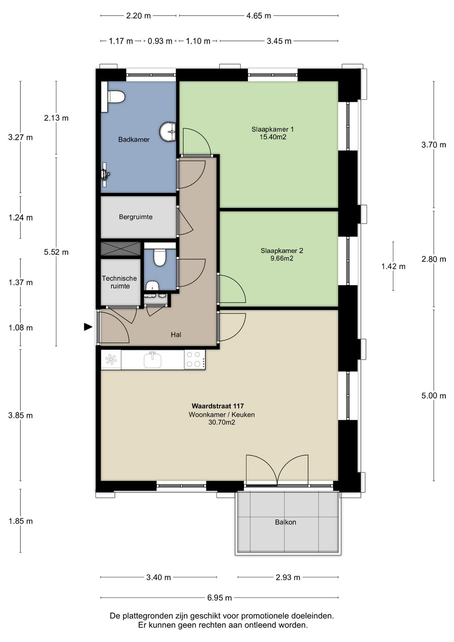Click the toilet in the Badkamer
pos(116,97)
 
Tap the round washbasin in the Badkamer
pos(168,132)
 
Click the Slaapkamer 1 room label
pos(272,129)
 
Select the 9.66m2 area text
pos(281,259)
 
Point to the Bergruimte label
pos(135,217)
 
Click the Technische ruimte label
pos(120,282)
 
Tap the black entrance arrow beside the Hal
pos(88,327)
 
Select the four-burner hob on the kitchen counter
pos(194,359)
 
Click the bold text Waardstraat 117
pos(218,406)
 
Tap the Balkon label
pos(285,522)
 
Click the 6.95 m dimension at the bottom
pos(219,598)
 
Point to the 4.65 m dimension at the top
pos(259,16)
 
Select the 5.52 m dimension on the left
pos(56,252)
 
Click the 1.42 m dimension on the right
pos(393,266)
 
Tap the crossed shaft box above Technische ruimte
pos(120,249)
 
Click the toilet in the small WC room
pos(160,258)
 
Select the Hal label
pos(176,335)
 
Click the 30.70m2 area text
pos(222,423)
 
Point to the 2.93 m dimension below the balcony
pos(288,577)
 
